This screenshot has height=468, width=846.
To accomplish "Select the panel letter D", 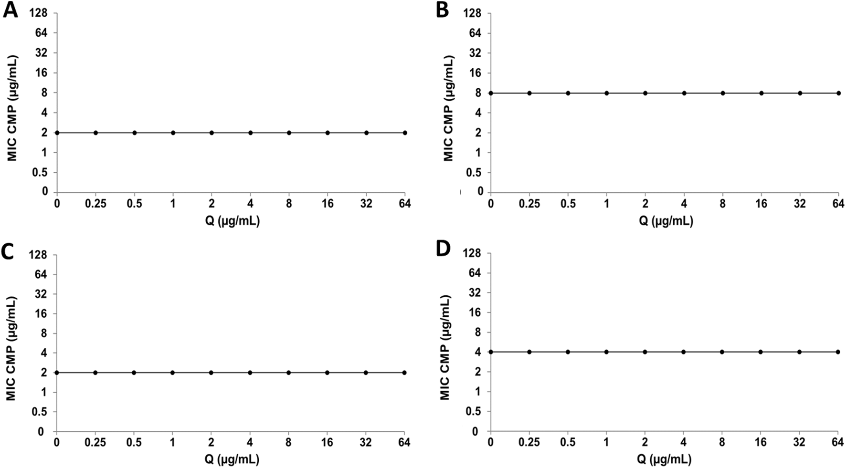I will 443,250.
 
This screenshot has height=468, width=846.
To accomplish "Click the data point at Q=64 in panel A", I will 405,133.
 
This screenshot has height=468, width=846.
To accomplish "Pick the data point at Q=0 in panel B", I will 491,93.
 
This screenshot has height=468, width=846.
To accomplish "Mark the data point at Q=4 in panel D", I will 684,352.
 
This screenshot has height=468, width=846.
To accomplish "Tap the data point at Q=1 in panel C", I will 172,373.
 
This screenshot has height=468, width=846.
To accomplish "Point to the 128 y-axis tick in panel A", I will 39,13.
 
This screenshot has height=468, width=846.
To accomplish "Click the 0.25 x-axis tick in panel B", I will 529,204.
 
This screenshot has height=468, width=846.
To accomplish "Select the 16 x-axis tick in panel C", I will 327,443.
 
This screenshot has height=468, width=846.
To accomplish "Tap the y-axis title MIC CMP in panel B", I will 448,108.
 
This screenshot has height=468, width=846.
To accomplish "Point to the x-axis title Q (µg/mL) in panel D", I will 664,459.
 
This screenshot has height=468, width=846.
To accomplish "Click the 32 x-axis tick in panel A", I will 366,204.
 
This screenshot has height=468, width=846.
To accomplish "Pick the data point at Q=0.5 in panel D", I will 568,352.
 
